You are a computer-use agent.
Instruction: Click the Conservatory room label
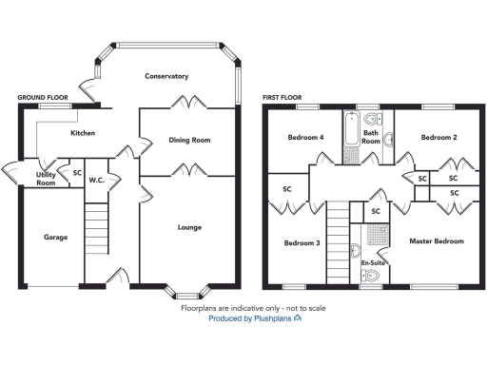click(166, 76)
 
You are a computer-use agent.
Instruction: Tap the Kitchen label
click(83, 134)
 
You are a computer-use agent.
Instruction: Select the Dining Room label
click(188, 141)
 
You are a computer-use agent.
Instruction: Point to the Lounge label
click(188, 227)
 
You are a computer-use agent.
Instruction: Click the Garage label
click(55, 237)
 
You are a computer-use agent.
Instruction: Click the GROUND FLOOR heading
click(43, 97)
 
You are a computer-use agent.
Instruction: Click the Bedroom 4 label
click(305, 138)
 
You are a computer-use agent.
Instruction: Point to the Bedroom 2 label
click(438, 138)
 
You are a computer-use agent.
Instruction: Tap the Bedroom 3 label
click(302, 243)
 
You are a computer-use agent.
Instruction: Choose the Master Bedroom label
click(436, 241)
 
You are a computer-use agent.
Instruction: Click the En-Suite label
click(372, 262)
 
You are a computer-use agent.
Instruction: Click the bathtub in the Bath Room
click(352, 139)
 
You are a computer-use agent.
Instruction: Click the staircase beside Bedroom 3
click(337, 243)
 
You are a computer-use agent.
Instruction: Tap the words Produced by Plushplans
click(249, 320)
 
